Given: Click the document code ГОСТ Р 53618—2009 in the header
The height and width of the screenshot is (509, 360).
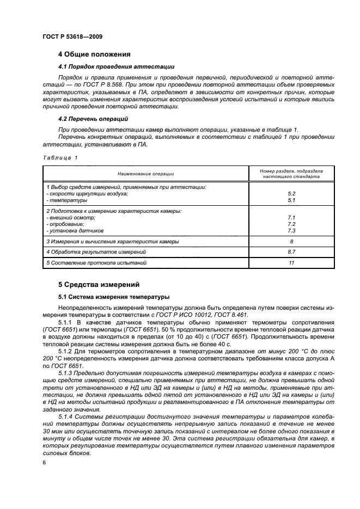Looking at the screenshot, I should pyautogui.click(x=72, y=36).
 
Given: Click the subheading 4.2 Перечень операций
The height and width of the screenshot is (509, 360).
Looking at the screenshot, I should pyautogui.click(x=93, y=119).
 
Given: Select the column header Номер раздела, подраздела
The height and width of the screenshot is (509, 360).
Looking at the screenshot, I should pyautogui.click(x=291, y=171).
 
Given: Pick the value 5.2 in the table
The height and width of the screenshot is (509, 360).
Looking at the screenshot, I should pyautogui.click(x=291, y=193).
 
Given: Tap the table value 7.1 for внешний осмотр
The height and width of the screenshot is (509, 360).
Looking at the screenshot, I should pyautogui.click(x=291, y=217).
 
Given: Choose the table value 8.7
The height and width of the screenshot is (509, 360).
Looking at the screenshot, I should pyautogui.click(x=291, y=252).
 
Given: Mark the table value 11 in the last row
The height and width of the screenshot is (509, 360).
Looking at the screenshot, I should pyautogui.click(x=291, y=263).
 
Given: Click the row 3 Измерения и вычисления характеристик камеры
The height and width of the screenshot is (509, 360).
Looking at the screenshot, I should pyautogui.click(x=112, y=241).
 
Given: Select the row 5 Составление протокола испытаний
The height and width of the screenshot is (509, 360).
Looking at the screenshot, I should pyautogui.click(x=96, y=263).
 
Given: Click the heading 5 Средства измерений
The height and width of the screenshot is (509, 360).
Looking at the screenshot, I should pyautogui.click(x=99, y=284).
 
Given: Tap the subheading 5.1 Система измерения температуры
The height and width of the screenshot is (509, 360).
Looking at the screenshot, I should pyautogui.click(x=114, y=297).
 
